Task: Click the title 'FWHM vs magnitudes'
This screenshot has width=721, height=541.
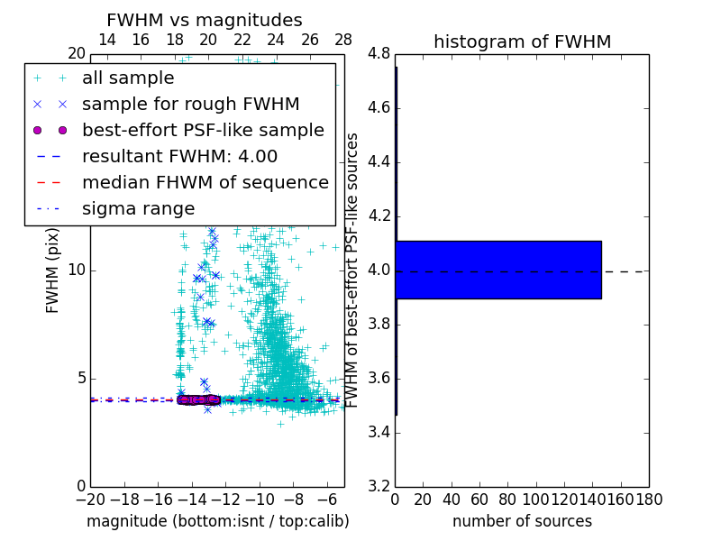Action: coord(205,20)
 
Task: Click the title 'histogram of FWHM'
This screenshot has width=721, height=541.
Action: coord(522,41)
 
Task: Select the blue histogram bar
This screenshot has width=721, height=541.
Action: coord(497,270)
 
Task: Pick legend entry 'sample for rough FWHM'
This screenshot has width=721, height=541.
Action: coord(190,104)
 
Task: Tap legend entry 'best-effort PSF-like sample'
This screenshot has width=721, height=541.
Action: coord(203,130)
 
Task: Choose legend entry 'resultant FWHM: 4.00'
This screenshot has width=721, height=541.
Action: coord(179,156)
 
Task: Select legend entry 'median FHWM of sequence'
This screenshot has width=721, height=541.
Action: coord(205,182)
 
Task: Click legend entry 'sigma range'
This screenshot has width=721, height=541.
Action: coord(138,208)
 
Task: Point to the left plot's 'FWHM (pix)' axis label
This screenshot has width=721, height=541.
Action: coord(53,270)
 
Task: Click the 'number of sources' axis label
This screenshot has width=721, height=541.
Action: coord(522,521)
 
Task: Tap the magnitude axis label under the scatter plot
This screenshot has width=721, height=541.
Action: coord(217,521)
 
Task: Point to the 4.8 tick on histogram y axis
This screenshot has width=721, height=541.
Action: coord(379,54)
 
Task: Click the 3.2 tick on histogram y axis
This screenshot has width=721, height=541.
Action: coord(379,486)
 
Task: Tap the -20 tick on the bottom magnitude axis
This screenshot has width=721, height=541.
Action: coord(90,500)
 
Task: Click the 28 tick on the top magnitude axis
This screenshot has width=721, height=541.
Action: coord(343,40)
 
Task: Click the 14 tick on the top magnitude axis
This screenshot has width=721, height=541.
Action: coord(106,40)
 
